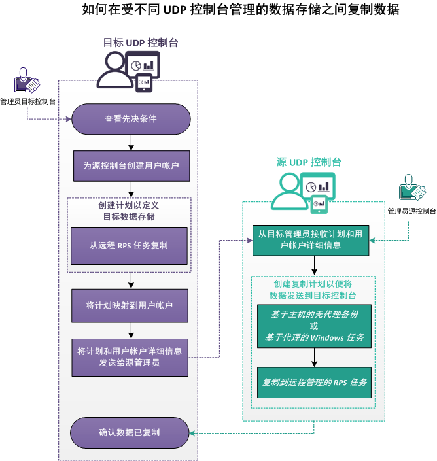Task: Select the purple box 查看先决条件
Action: [x=130, y=119]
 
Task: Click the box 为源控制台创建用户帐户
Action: [x=130, y=166]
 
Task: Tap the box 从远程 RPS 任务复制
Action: [x=129, y=245]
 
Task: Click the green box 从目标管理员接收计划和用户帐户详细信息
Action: [x=312, y=239]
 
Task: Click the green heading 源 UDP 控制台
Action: [x=309, y=162]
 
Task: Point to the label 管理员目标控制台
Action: [x=27, y=102]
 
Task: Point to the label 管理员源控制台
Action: [x=411, y=211]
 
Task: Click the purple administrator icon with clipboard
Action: [x=26, y=81]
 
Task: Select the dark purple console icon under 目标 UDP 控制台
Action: [x=129, y=71]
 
